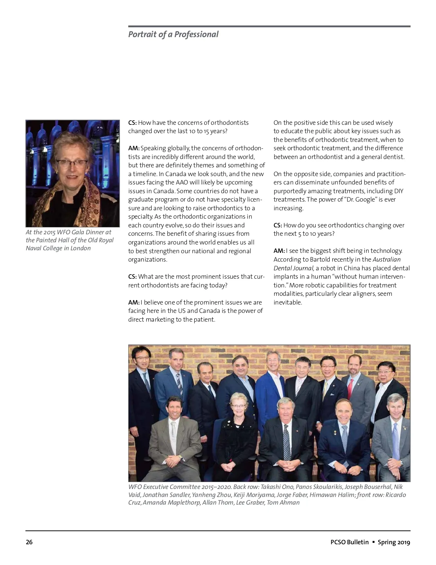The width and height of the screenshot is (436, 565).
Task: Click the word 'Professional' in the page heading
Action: (x=196, y=35)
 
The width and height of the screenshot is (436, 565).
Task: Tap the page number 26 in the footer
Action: (x=29, y=542)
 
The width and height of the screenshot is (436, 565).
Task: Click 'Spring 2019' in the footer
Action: (x=394, y=542)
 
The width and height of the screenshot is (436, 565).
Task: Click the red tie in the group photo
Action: (x=350, y=389)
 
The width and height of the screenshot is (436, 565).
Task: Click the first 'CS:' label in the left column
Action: (x=132, y=123)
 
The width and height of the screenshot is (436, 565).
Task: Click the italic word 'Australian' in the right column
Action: (x=387, y=259)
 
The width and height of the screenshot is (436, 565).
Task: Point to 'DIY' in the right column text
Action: (x=399, y=191)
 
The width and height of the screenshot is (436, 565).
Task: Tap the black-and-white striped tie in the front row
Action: (x=287, y=442)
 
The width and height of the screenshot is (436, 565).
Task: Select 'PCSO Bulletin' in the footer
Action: (x=350, y=542)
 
